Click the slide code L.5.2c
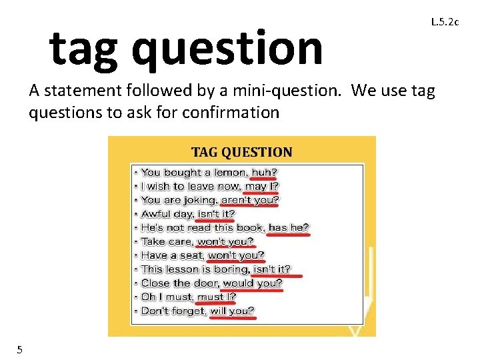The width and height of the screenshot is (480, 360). (445, 22)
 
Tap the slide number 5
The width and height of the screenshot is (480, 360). (20, 349)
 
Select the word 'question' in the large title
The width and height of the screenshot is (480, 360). (227, 48)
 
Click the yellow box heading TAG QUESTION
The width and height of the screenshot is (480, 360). (241, 152)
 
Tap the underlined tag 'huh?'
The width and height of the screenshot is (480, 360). (264, 173)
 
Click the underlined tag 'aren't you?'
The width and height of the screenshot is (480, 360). (249, 200)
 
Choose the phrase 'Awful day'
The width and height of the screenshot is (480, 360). (167, 214)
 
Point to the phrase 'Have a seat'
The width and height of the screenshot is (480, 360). (172, 255)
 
